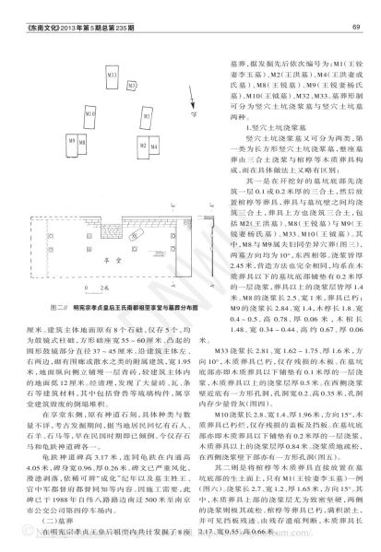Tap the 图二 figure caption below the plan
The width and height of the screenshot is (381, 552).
click(111, 253)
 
